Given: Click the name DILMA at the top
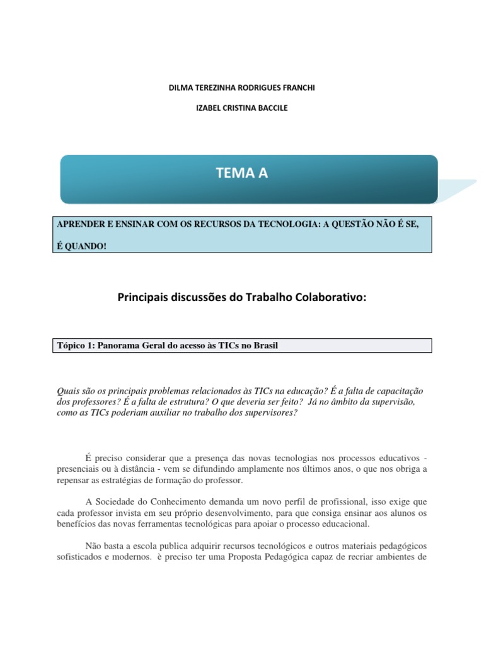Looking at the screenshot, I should click(x=181, y=88).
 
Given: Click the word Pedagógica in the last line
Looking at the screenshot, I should click(x=285, y=557).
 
